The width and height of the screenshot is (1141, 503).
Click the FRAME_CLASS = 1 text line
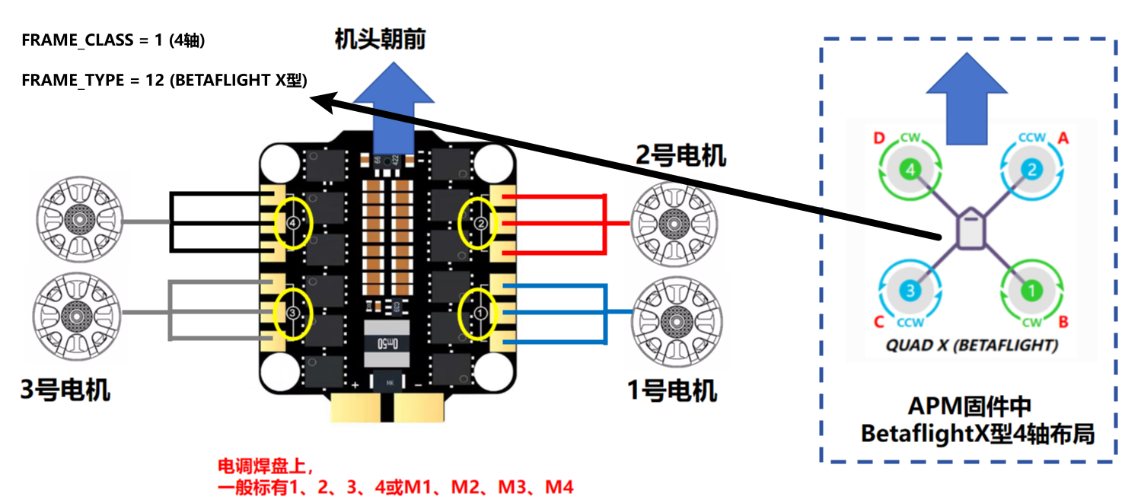pyautogui.click(x=113, y=41)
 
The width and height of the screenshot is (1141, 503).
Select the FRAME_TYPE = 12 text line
pyautogui.click(x=164, y=80)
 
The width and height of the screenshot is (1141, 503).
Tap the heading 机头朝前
pyautogui.click(x=381, y=40)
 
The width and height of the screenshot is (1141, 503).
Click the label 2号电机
pyautogui.click(x=680, y=156)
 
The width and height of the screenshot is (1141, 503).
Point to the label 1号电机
pyautogui.click(x=672, y=391)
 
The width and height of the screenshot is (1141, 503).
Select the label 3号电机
pyautogui.click(x=65, y=390)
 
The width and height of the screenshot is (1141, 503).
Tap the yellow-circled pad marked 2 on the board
pyautogui.click(x=480, y=223)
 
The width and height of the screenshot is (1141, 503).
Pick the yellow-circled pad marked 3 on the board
pyautogui.click(x=293, y=313)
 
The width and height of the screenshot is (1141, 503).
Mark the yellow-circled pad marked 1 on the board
pyautogui.click(x=480, y=313)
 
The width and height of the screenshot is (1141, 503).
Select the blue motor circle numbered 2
pyautogui.click(x=1031, y=170)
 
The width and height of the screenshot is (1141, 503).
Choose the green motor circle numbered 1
pyautogui.click(x=1031, y=290)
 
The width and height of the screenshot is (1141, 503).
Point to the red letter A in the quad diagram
pyautogui.click(x=1063, y=138)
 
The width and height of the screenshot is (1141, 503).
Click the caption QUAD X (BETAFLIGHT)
pyautogui.click(x=972, y=345)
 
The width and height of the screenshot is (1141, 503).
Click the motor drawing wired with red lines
pyautogui.click(x=673, y=223)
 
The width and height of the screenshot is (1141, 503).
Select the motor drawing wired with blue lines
pyautogui.click(x=673, y=312)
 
